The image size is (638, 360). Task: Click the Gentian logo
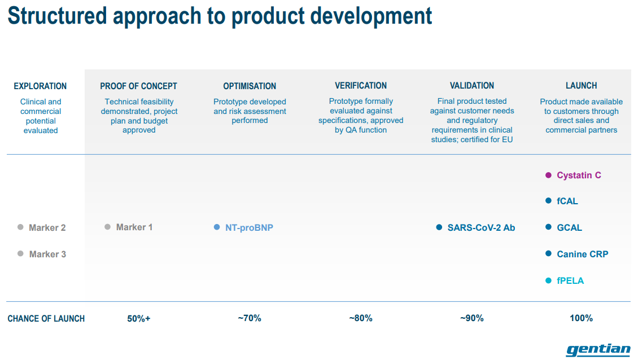click(598, 350)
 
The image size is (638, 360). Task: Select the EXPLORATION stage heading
click(40, 86)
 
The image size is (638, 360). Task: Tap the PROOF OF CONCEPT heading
click(139, 86)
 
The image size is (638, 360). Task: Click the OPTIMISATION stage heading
click(250, 86)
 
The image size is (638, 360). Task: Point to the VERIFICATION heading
click(361, 86)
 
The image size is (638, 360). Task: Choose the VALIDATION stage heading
click(472, 86)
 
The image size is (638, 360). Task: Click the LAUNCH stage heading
click(582, 86)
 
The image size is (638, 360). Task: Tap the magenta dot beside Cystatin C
click(548, 175)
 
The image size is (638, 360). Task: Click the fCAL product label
click(567, 201)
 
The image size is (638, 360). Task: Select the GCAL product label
click(569, 228)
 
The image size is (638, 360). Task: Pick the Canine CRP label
click(583, 254)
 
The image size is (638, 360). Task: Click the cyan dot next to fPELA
click(548, 280)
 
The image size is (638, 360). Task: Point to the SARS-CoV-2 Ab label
click(482, 228)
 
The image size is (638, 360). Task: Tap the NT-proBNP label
click(249, 228)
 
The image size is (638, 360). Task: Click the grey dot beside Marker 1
click(107, 227)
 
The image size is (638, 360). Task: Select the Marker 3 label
click(47, 254)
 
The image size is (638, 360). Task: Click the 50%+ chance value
click(139, 318)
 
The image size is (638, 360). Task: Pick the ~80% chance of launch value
click(361, 318)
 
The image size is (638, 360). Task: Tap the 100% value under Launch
click(582, 318)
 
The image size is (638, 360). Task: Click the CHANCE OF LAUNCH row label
click(46, 318)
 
